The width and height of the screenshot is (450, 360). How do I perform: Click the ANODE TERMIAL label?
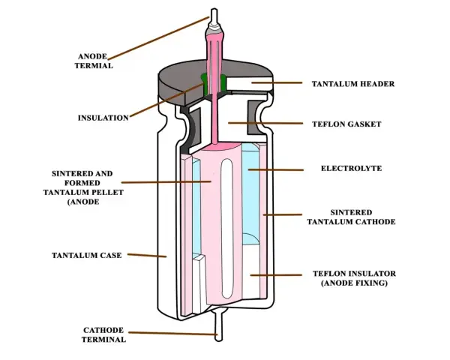tap(94, 61)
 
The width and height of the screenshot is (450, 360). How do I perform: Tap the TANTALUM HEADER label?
tap(353, 84)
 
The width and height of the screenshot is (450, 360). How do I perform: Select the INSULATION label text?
tap(103, 118)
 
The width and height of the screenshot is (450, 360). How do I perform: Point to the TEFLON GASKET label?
tap(346, 124)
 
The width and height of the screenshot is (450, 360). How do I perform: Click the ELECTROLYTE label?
tap(351, 168)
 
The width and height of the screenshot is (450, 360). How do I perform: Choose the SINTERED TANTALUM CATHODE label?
tap(351, 217)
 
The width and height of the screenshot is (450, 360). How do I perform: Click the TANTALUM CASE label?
tap(87, 255)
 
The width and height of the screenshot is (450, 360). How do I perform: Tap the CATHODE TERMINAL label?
tap(103, 334)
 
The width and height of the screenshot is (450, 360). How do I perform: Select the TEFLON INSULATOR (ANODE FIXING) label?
tap(355, 278)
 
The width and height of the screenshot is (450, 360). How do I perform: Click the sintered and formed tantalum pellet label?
tap(83, 187)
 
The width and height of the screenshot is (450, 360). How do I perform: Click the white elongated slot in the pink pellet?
tap(227, 228)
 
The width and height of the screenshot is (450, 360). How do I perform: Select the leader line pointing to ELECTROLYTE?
tap(276, 170)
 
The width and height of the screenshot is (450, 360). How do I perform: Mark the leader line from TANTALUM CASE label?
tap(147, 255)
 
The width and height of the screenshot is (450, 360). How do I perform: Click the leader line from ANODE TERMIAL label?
tap(159, 38)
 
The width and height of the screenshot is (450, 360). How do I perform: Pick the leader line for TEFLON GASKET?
tap(265, 123)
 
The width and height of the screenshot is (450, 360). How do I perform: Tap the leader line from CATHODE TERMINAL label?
tap(172, 333)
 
